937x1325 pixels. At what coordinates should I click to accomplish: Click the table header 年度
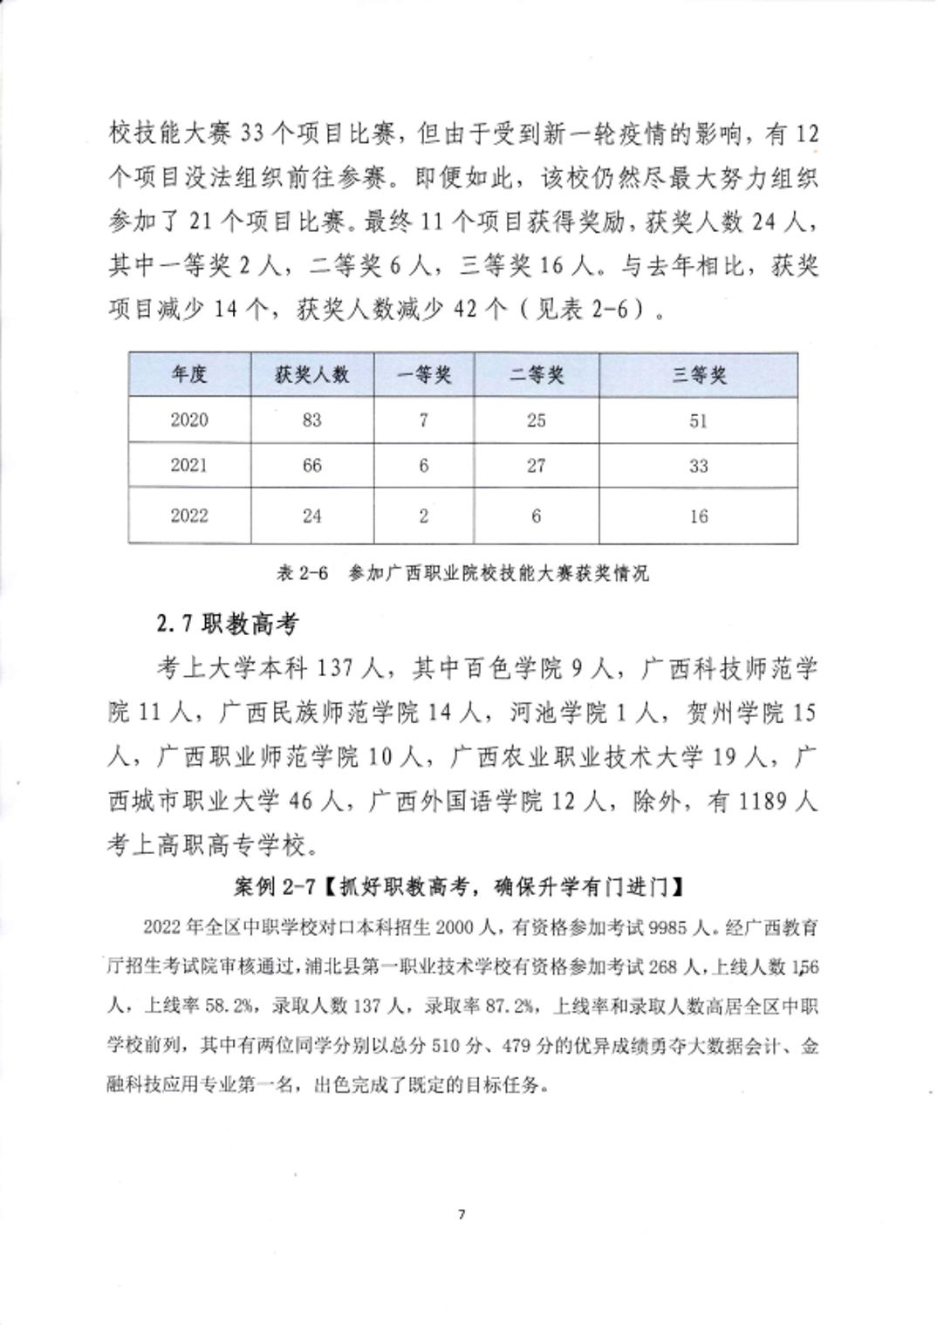click(189, 375)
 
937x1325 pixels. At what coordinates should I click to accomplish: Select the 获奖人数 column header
click(311, 375)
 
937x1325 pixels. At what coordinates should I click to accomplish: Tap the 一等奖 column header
click(423, 375)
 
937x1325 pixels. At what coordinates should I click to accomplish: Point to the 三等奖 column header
click(698, 375)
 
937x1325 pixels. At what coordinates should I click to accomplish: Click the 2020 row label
click(189, 420)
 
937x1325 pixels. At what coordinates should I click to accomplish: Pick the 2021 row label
click(189, 466)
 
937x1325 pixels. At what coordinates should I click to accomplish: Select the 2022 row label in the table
click(189, 516)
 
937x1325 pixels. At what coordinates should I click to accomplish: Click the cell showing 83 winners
click(311, 420)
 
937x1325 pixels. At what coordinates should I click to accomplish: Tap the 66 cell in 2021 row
click(311, 466)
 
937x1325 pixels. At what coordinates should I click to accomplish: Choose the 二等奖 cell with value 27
click(536, 466)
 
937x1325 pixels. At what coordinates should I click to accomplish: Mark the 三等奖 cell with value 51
click(698, 420)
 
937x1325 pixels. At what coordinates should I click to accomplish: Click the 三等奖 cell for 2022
click(698, 516)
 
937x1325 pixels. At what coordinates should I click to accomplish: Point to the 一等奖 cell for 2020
click(423, 420)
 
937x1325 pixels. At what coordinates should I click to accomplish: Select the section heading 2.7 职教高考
click(227, 624)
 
